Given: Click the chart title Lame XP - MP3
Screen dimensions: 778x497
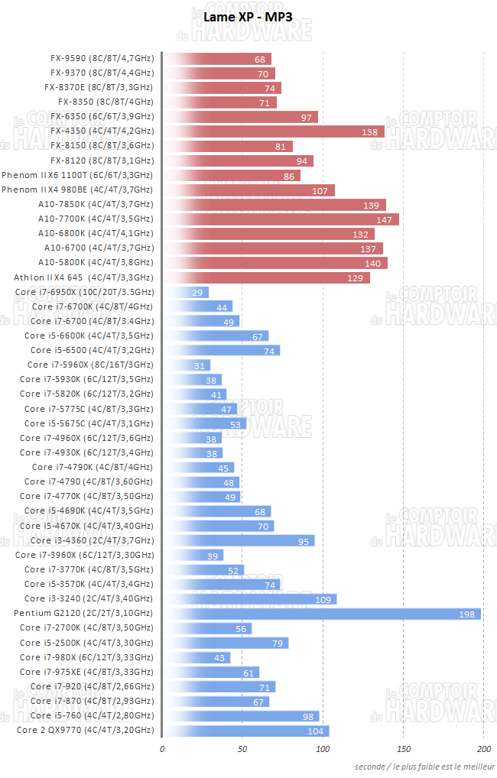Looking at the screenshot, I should pyautogui.click(x=248, y=17).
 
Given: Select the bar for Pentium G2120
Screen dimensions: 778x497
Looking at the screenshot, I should pyautogui.click(x=321, y=614).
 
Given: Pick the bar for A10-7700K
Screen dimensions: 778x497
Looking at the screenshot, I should pyautogui.click(x=280, y=219).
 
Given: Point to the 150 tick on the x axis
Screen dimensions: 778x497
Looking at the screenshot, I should pyautogui.click(x=404, y=748).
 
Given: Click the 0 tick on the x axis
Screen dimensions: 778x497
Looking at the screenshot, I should pyautogui.click(x=162, y=748).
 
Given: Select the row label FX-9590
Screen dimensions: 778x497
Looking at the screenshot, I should pyautogui.click(x=102, y=59).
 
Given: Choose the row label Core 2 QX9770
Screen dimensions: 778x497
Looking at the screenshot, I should pyautogui.click(x=84, y=731).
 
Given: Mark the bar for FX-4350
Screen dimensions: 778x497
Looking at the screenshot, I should pyautogui.click(x=273, y=131).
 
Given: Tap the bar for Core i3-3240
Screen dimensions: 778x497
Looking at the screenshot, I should pyautogui.click(x=249, y=599).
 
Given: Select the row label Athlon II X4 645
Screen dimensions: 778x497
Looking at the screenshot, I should pyautogui.click(x=83, y=277).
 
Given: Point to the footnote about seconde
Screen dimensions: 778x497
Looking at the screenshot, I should pyautogui.click(x=424, y=767).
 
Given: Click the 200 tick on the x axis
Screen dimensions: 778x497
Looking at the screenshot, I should pyautogui.click(x=484, y=748).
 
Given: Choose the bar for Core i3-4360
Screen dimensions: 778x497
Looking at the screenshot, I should pyautogui.click(x=238, y=541).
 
